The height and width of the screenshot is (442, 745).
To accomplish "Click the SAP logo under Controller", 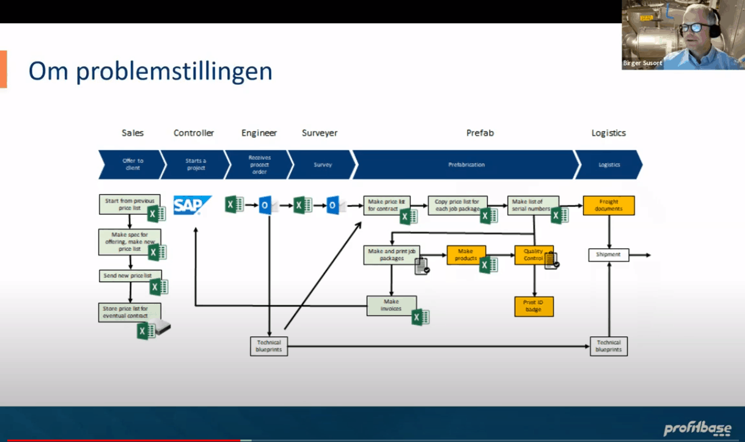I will click(x=192, y=205).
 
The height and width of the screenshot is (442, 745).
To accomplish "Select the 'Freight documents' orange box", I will click(x=608, y=205).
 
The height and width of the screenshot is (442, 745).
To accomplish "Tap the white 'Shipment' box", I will click(x=608, y=255).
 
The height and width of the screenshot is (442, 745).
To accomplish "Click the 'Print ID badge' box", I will click(x=534, y=306).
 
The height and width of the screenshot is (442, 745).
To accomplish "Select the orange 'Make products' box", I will click(x=466, y=255).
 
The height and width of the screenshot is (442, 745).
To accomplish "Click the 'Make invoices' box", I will click(x=391, y=305).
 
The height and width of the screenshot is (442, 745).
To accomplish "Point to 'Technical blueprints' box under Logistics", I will click(x=609, y=346).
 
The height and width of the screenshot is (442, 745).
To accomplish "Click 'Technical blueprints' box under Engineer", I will click(x=269, y=346).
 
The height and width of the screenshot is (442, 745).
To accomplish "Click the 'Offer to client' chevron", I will click(x=132, y=164).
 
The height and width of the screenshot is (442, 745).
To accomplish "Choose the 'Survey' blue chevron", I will click(x=322, y=164).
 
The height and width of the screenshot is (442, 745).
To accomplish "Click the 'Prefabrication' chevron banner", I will click(x=466, y=164).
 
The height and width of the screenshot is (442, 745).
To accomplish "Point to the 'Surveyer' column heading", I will click(x=319, y=133).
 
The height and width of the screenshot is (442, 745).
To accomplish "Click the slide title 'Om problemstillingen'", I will click(x=150, y=71).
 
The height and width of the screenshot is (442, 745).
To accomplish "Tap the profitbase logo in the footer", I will click(x=697, y=427).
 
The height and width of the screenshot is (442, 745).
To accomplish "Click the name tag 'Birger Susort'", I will click(x=642, y=63).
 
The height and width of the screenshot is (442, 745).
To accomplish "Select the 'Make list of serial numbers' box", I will click(x=532, y=205).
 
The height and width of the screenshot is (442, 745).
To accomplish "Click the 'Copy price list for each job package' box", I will click(x=457, y=205).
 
